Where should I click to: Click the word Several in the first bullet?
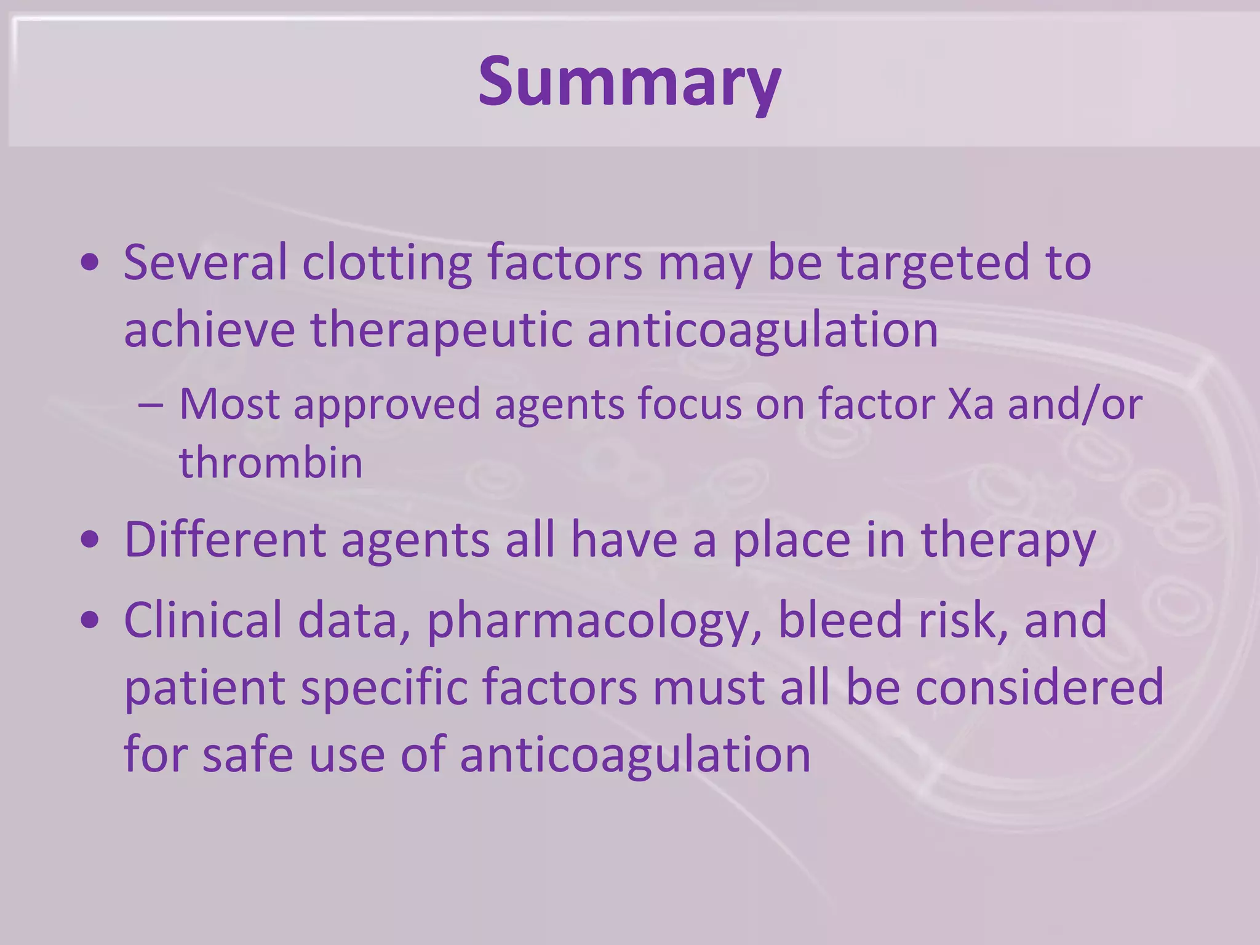[205, 263]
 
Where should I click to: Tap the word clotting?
[387, 263]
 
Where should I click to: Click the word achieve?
[209, 330]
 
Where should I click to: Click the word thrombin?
[271, 463]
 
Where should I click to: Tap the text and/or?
[1075, 404]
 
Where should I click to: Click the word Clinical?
[203, 620]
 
